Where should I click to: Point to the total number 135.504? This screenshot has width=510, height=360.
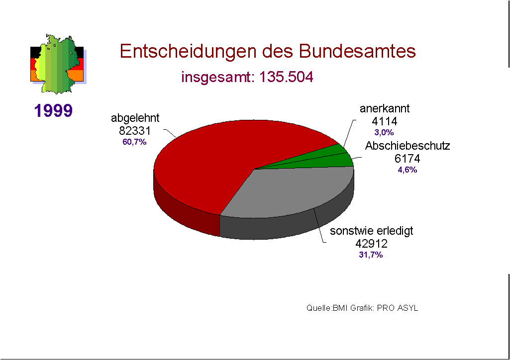coord(287,78)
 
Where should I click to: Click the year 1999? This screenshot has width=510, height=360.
coord(54,110)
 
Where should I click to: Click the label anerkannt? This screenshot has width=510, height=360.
coord(385,109)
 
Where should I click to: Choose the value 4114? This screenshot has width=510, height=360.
coord(384,121)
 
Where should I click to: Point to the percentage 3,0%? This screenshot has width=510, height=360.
coord(384,132)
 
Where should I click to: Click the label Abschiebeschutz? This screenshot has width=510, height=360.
coord(408,146)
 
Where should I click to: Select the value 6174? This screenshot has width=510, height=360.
coord(407,159)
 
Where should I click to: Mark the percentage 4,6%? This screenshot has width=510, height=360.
coord(407,170)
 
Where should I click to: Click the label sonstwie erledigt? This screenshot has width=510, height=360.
coord(372,231)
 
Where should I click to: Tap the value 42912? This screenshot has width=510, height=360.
coord(371,244)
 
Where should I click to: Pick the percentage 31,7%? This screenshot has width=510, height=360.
coord(371,255)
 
